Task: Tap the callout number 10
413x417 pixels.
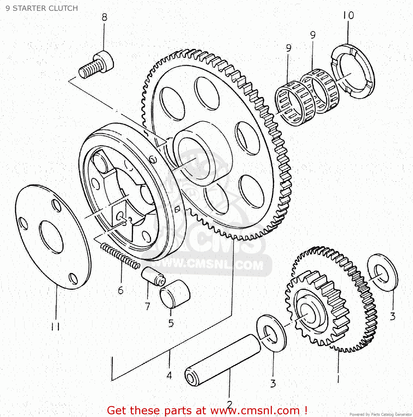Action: pos(348,15)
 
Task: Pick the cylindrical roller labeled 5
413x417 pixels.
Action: pos(175,294)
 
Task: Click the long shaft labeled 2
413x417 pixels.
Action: pos(223,360)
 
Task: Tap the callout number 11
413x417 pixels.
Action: pos(55,326)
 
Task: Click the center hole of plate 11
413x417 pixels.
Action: pos(51,237)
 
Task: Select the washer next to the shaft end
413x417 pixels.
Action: pos(271,333)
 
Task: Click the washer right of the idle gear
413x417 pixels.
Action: pos(383,272)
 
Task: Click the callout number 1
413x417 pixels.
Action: pos(338,378)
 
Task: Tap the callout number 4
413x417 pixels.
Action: pos(169,375)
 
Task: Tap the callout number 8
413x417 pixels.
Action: pos(104,17)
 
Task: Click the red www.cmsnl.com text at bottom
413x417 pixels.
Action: pos(255,410)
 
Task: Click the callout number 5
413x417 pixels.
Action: pos(171,323)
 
